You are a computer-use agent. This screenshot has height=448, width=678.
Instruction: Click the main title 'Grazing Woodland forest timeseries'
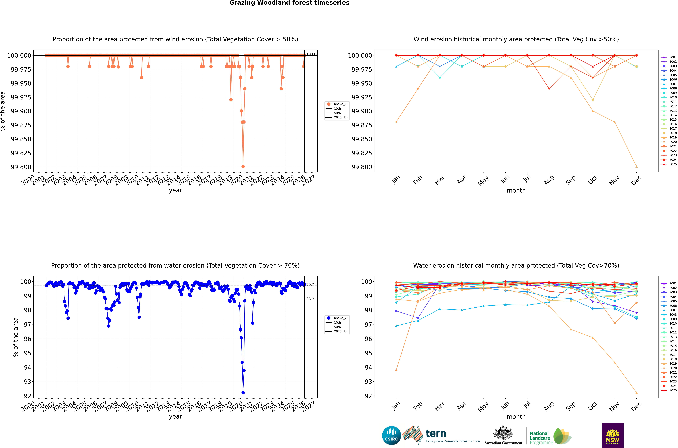click(289, 3)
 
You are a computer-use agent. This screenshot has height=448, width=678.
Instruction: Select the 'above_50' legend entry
click(341, 104)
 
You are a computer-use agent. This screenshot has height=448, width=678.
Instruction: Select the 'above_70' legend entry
click(341, 318)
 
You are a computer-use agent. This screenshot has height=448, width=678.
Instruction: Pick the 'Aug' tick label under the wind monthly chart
click(549, 180)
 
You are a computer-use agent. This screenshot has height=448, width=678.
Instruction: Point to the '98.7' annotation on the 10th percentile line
click(310, 299)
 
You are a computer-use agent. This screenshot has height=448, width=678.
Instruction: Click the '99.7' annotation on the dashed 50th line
click(310, 285)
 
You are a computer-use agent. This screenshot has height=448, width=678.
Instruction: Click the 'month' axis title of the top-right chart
click(516, 191)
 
